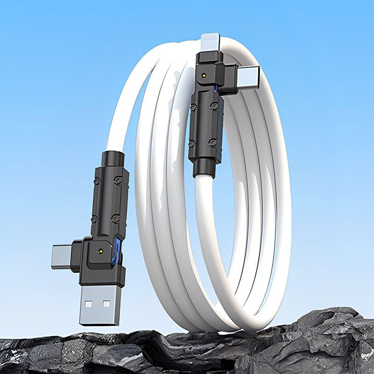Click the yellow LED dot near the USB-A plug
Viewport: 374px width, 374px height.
pyautogui.click(x=101, y=251)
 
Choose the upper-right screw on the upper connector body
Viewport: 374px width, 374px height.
pyautogui.click(x=215, y=107)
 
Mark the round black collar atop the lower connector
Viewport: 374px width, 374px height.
pyautogui.click(x=113, y=158)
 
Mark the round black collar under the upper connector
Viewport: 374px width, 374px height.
pyautogui.click(x=202, y=167)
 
